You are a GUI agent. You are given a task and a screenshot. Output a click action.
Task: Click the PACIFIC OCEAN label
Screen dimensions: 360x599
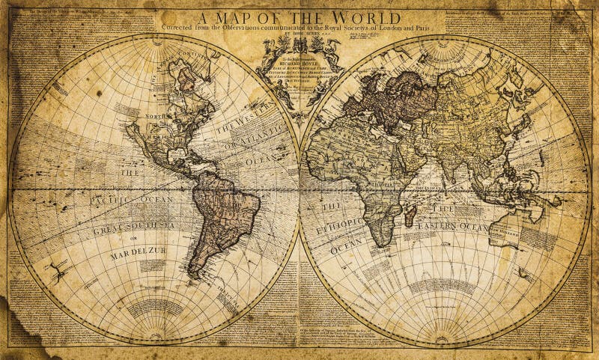pos(132,200)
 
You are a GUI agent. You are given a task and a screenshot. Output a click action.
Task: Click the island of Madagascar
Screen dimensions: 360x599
pos(410,216)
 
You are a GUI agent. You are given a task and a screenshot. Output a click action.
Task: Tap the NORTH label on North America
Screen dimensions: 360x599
pos(156,118)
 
